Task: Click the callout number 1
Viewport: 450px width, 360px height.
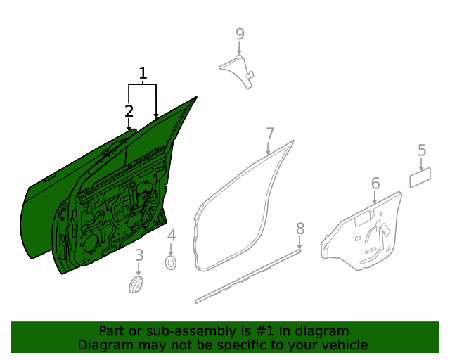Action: point(143,73)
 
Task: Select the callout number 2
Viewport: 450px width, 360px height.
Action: point(129,111)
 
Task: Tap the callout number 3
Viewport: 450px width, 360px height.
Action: point(139,255)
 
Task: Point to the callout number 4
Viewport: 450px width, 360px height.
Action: point(172,236)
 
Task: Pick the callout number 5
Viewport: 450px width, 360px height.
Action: point(422,150)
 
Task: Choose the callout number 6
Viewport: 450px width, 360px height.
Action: point(375,184)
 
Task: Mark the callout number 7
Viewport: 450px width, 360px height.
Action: point(270,134)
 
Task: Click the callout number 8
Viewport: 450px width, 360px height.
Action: point(300,229)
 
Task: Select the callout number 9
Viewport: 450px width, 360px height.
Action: point(240,34)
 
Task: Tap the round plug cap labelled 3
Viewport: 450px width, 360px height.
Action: point(136,285)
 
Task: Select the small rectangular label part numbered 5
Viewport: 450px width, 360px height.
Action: point(420,178)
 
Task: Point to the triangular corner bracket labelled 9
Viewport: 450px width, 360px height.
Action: point(241,70)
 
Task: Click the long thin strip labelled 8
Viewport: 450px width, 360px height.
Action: point(247,276)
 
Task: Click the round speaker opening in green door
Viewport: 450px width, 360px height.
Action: point(91,243)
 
